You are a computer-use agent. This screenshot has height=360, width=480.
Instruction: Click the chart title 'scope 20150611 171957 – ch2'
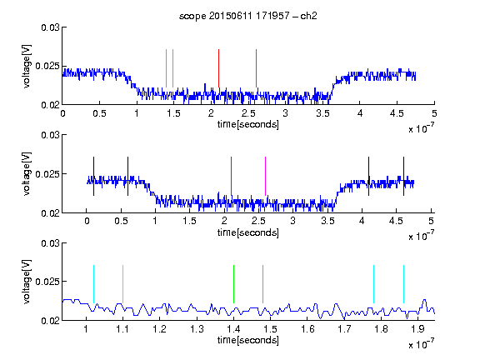[247, 16]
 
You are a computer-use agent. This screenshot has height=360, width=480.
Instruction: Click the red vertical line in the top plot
[218, 68]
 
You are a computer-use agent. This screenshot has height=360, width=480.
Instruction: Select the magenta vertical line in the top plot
[256, 68]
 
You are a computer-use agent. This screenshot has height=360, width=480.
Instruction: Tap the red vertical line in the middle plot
[231, 176]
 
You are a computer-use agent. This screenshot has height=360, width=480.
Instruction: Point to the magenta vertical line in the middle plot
[265, 176]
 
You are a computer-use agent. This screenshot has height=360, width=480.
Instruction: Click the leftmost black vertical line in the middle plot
[93, 176]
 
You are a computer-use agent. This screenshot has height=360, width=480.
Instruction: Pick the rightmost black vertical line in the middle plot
[403, 176]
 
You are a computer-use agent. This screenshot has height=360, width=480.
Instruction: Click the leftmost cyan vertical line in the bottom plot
[93, 284]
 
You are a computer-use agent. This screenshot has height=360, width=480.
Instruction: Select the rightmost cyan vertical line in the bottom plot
[403, 284]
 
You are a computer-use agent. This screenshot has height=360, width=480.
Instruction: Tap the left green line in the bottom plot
[233, 284]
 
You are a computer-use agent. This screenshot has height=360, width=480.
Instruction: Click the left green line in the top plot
[166, 68]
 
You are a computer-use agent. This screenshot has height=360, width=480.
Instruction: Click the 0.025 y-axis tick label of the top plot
[47, 66]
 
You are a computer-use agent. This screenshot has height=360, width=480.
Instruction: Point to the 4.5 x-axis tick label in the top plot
[397, 113]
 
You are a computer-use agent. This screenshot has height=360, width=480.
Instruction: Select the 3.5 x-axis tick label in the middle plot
[327, 221]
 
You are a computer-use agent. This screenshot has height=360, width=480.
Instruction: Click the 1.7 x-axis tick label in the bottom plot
[344, 329]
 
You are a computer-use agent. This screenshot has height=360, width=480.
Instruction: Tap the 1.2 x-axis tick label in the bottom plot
[159, 329]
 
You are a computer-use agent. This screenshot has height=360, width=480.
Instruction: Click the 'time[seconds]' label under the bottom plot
[248, 340]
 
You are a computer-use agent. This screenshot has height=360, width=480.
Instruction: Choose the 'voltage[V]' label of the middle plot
[27, 174]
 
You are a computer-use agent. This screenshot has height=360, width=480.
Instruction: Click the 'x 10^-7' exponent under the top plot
[421, 128]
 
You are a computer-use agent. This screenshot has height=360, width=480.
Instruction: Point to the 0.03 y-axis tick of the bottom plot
[50, 243]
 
